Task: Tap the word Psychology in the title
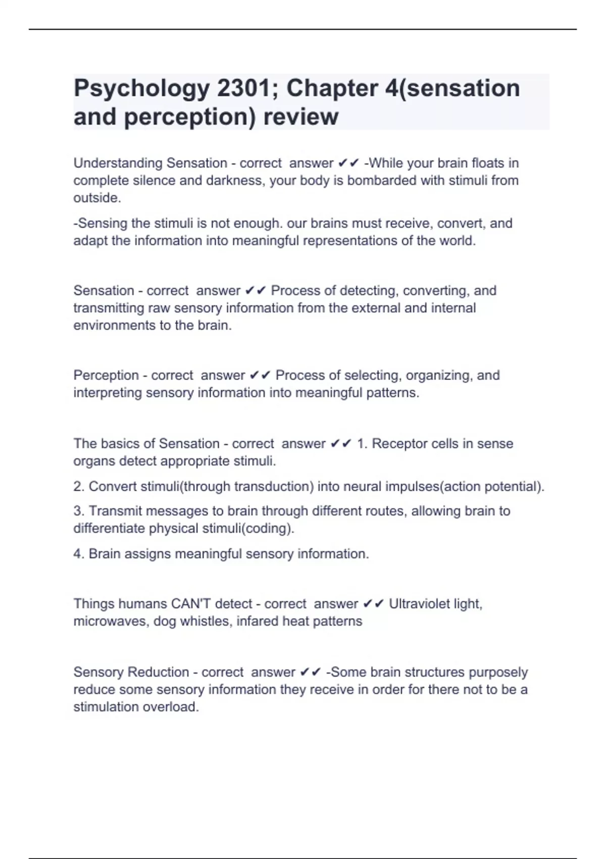[141, 88]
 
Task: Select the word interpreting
[108, 393]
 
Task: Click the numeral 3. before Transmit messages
[78, 511]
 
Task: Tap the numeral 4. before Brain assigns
[78, 554]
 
